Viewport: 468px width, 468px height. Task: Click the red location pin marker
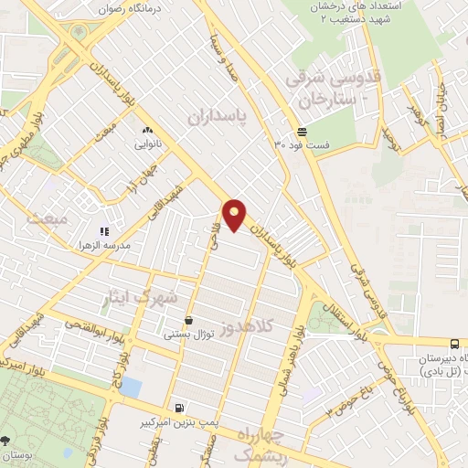pyautogui.click(x=235, y=215)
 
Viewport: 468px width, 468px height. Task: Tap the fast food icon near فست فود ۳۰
pyautogui.click(x=302, y=132)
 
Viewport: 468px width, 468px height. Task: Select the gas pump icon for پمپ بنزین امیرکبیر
pyautogui.click(x=178, y=409)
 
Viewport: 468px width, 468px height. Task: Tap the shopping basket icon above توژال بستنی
pyautogui.click(x=188, y=321)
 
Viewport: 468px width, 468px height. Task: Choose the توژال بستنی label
pyautogui.click(x=189, y=335)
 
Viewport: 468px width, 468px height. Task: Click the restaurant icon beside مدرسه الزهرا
pyautogui.click(x=104, y=232)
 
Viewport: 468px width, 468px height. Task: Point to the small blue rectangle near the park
pyautogui.click(x=132, y=387)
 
